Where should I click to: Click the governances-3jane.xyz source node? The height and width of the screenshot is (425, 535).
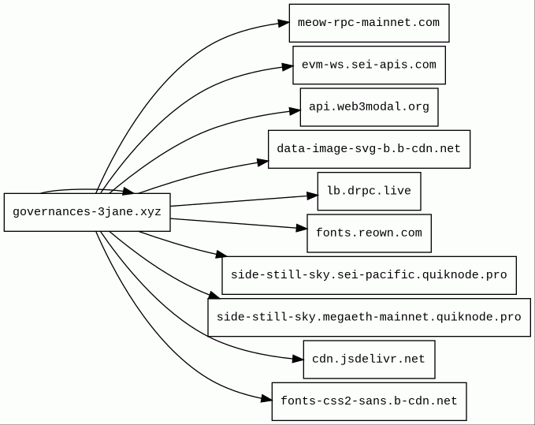(x=87, y=212)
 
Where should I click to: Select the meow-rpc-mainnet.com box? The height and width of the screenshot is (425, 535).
(x=370, y=23)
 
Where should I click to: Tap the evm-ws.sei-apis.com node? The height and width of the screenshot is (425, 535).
(x=370, y=65)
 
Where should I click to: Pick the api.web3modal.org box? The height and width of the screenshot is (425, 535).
(x=370, y=107)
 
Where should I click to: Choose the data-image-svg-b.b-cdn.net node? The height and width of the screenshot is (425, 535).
(x=370, y=149)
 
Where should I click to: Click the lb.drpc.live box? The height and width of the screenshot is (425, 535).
(x=370, y=191)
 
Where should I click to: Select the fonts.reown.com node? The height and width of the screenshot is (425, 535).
(x=370, y=233)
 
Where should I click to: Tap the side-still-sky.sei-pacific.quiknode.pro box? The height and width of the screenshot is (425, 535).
(x=370, y=275)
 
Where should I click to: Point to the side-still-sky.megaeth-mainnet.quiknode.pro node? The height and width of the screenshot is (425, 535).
(x=370, y=318)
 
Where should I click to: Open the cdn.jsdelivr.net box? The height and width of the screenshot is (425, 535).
(x=370, y=360)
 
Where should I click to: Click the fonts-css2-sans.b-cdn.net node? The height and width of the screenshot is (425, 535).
(x=370, y=401)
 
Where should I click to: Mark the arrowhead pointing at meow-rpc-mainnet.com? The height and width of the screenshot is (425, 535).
(x=284, y=23)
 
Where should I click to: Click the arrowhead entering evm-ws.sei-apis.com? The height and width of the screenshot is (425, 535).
(x=288, y=66)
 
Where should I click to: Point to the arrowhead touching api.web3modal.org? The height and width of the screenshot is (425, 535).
(x=295, y=111)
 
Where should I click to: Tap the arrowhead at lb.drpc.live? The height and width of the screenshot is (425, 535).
(x=312, y=196)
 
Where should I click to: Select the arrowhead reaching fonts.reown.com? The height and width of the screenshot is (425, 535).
(x=302, y=228)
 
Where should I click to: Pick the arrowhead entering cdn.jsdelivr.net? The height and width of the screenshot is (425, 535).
(x=298, y=359)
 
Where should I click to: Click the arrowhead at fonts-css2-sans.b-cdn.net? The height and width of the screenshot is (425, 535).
(x=266, y=399)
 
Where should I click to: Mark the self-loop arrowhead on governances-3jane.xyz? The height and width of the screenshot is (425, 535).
(x=128, y=191)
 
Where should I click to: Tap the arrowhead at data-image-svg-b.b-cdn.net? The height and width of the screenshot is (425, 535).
(x=263, y=162)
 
